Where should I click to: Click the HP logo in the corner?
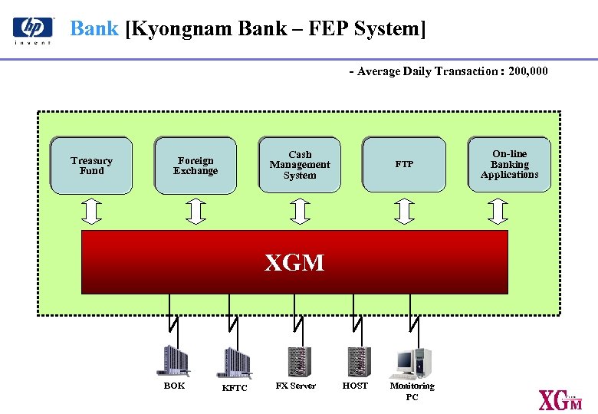[x=33, y=29]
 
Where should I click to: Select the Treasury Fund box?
[x=91, y=165]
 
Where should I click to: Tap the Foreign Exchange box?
[x=195, y=165]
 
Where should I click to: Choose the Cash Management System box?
[x=300, y=165]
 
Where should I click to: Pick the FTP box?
[x=404, y=164]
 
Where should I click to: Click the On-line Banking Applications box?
[x=510, y=164]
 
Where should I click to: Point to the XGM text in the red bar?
[x=294, y=264]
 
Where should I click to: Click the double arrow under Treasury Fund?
[x=91, y=211]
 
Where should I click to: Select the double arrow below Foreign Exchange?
[x=196, y=211]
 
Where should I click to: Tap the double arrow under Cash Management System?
[x=300, y=211]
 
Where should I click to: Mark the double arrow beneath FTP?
[x=404, y=211]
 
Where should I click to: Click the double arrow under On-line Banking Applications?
[x=499, y=211]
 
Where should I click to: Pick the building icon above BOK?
[x=174, y=361]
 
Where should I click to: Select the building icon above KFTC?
[x=235, y=363]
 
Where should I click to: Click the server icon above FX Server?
[x=298, y=361]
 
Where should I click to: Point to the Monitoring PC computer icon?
[x=412, y=363]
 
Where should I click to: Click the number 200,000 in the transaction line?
[x=528, y=71]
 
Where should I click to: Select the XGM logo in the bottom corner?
[x=560, y=400]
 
